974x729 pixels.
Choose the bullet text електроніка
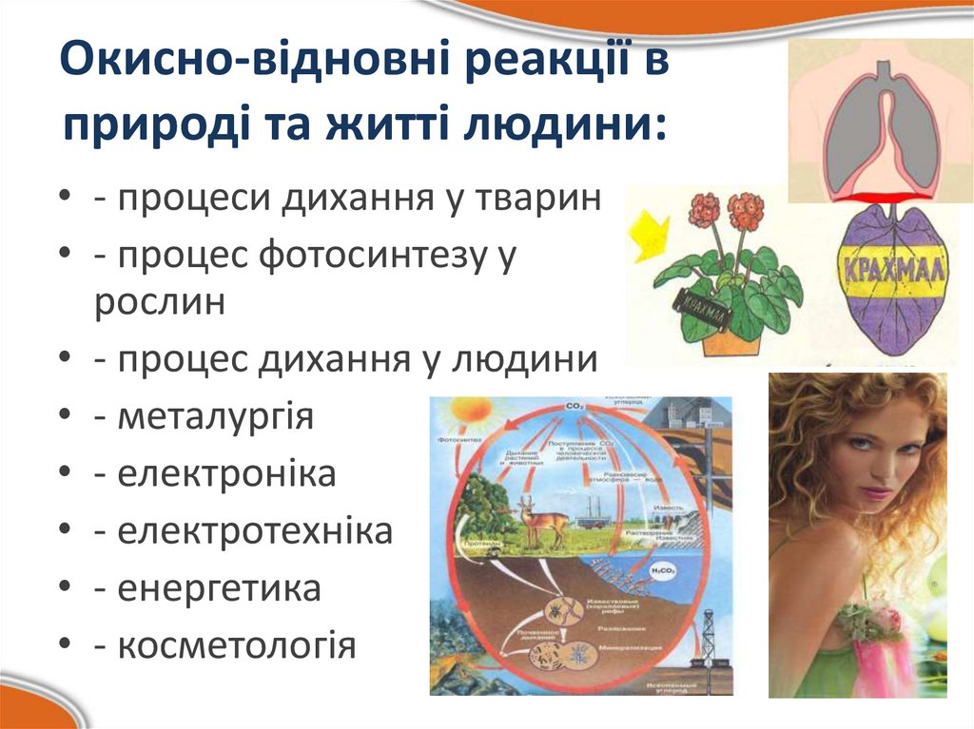coord(226,474)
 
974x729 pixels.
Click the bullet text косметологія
coord(237,646)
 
